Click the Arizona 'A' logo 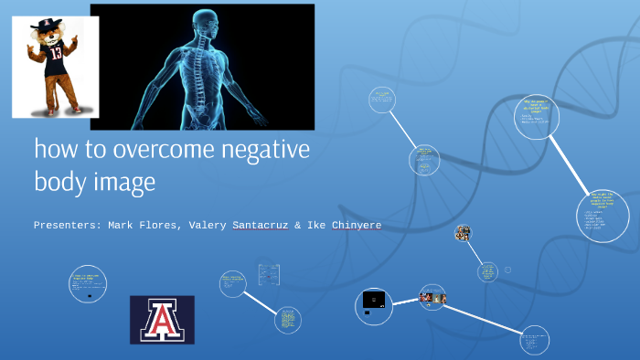pyautogui.click(x=162, y=319)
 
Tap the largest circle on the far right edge pyautogui.click(x=603, y=213)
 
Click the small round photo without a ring pyautogui.click(x=463, y=233)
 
